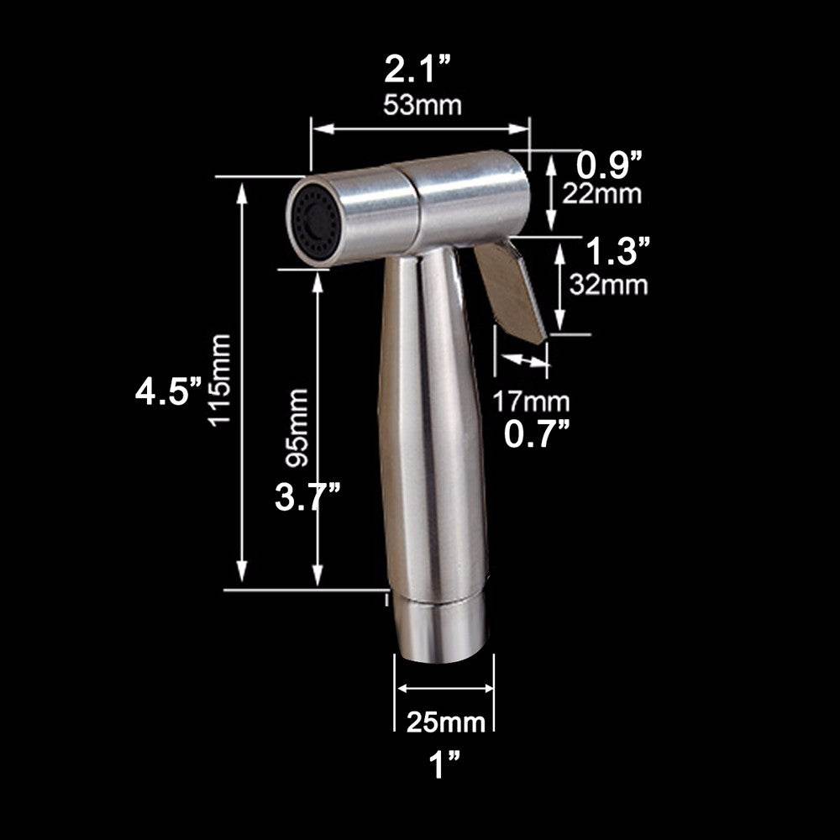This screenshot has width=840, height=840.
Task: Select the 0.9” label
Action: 613,165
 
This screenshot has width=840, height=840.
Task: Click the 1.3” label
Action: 617,249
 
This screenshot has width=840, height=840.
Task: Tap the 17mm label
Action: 531,402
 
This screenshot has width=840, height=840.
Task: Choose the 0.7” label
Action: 538,433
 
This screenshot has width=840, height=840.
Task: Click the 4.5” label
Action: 171,391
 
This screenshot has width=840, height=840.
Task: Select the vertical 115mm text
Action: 220,380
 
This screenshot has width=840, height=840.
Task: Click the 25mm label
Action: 446,721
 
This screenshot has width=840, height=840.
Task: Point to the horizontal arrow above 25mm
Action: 444,688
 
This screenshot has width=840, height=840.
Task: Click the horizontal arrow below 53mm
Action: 420,129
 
